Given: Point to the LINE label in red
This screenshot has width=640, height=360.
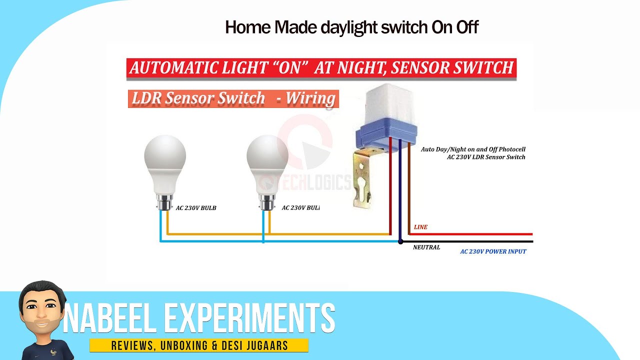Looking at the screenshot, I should (x=420, y=227).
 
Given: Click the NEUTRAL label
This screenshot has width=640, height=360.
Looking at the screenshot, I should (x=426, y=247).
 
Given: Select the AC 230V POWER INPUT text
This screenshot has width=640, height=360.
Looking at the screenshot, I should (x=493, y=251).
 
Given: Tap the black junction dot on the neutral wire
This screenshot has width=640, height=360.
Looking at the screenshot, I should (x=400, y=242).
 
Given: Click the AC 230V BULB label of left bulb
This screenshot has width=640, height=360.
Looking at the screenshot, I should (x=196, y=208).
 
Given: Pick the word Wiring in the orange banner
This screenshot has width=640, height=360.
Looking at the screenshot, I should (x=310, y=98).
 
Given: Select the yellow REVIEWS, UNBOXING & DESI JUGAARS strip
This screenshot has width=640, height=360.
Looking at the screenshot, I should (x=198, y=345).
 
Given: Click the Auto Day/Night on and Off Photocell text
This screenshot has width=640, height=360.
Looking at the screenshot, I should (x=472, y=149).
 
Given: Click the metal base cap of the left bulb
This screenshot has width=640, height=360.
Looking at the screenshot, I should (x=164, y=203).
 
